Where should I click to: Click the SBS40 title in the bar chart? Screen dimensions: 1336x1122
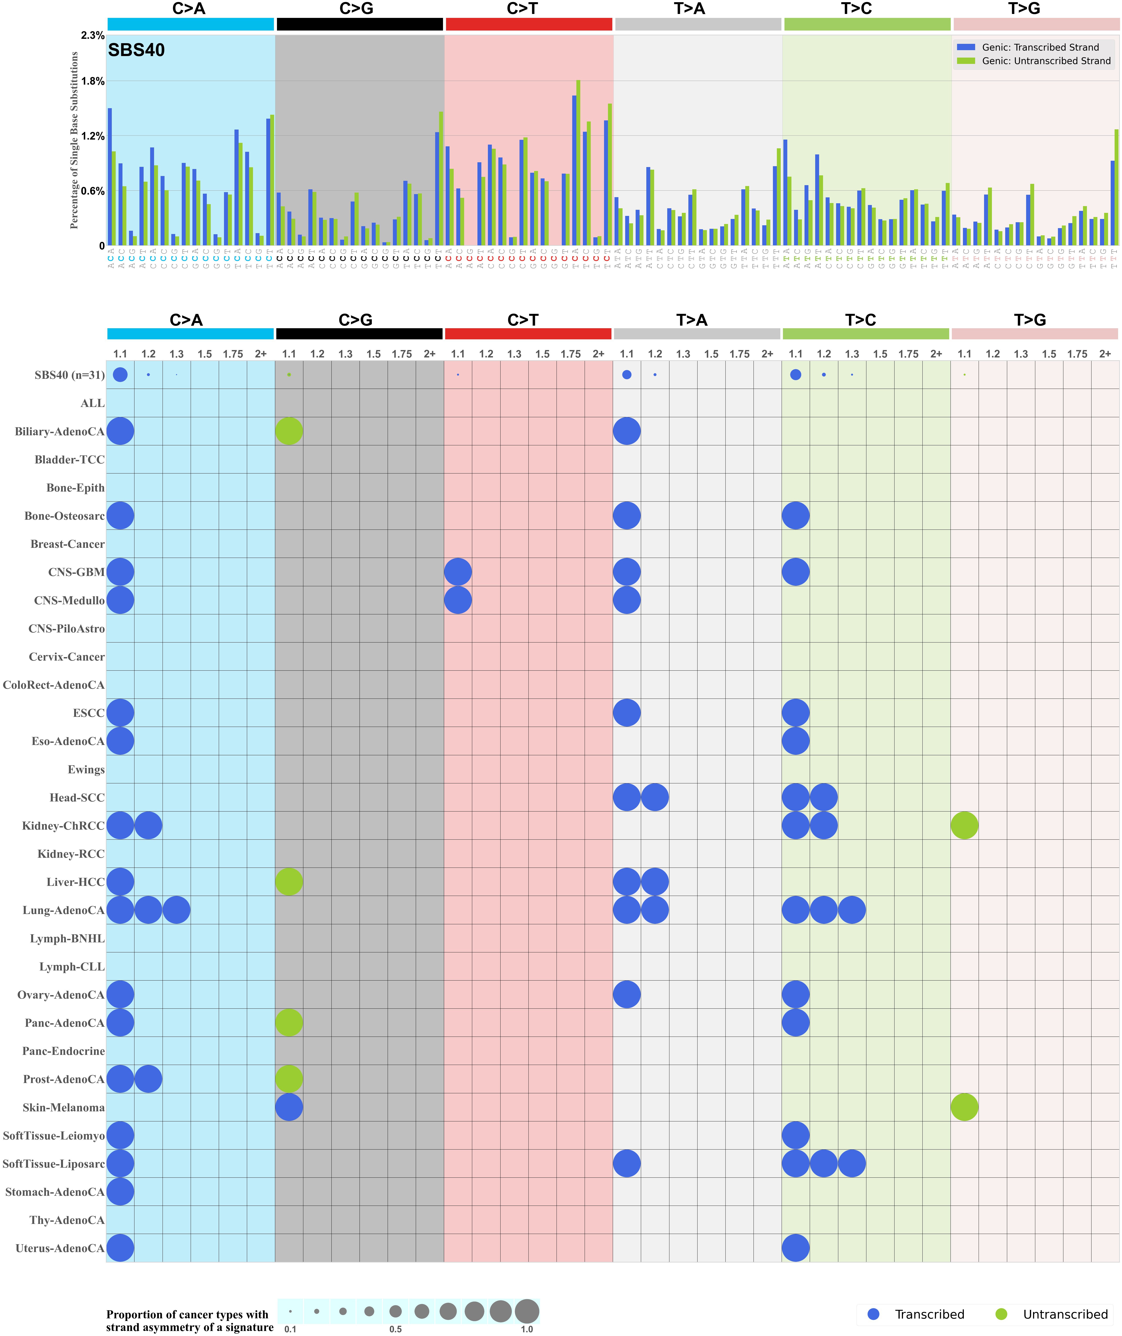click(136, 50)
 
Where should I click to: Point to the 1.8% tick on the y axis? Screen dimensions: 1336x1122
click(93, 82)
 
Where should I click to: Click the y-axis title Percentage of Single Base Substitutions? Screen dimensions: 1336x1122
click(75, 141)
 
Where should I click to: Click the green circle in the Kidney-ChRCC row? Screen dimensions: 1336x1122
click(964, 825)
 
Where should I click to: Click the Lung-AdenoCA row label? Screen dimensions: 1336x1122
click(64, 910)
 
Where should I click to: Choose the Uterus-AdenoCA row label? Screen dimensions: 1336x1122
click(60, 1248)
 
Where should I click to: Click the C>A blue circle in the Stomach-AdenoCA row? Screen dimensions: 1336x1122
click(120, 1191)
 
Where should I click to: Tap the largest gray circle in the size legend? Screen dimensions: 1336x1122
click(527, 1311)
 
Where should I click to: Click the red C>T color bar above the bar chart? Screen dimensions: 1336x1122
click(529, 24)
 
